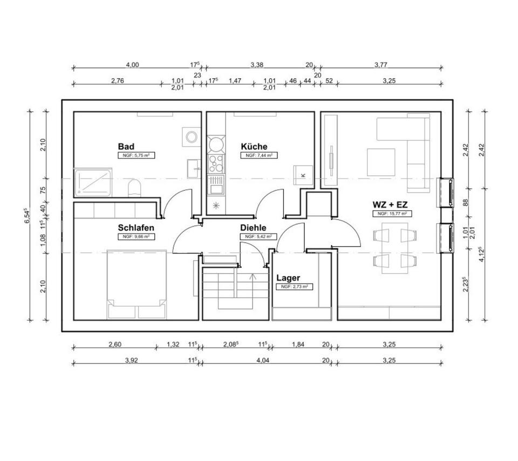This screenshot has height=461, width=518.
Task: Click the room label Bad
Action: [126, 147]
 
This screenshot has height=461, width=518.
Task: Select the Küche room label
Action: [254, 147]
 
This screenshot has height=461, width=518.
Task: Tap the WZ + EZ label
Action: [390, 205]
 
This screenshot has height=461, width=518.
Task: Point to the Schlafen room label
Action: [136, 228]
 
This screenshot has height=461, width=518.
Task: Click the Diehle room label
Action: [253, 228]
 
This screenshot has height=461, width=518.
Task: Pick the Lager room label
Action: [288, 278]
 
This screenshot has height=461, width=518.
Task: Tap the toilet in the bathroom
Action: [134, 189]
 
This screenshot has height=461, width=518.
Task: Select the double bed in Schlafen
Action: [138, 283]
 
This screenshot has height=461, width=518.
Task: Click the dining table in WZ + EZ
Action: [395, 248]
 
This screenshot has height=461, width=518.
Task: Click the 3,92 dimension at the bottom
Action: [132, 361]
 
